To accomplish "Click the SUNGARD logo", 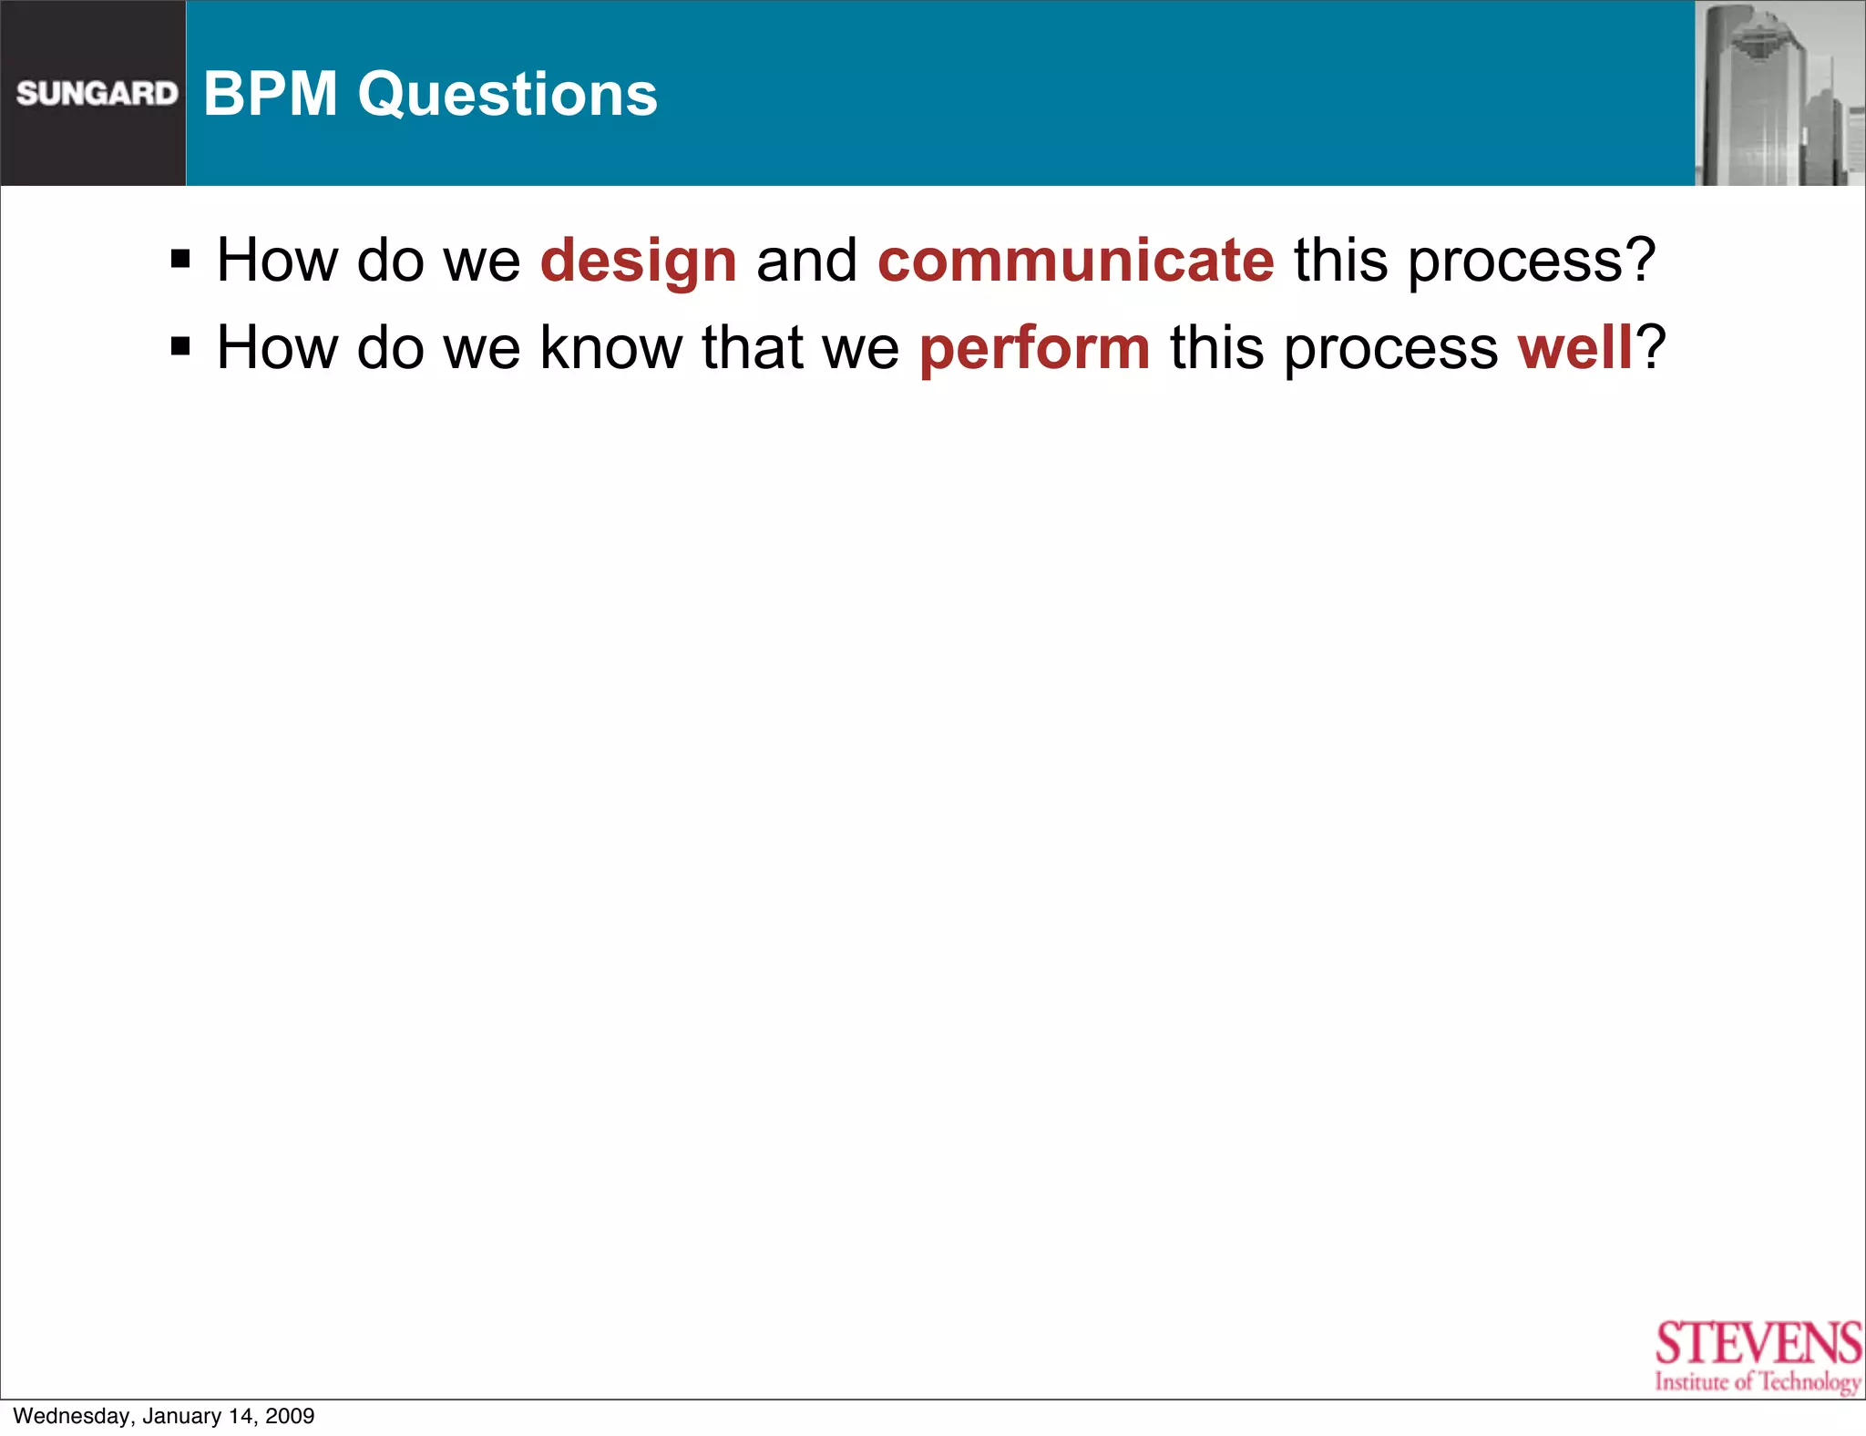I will point(97,93).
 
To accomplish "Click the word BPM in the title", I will point(271,94).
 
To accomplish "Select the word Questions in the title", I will point(508,96).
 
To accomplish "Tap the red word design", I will point(638,262).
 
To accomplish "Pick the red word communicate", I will point(1075,261).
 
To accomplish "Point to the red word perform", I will point(1034,349).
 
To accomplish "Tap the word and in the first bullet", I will point(806,261).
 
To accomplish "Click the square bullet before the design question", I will point(180,260).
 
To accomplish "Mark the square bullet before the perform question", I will point(180,346).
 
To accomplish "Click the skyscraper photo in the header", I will point(1779,93).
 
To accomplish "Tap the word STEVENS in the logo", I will point(1758,1343).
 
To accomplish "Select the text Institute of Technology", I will point(1758,1382).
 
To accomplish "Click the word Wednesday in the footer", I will point(72,1416).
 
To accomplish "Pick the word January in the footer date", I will point(181,1416).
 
